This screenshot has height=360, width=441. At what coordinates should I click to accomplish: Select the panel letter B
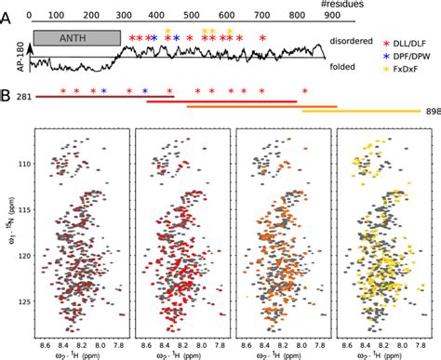tap(7, 93)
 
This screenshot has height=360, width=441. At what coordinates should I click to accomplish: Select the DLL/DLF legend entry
tap(407, 43)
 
